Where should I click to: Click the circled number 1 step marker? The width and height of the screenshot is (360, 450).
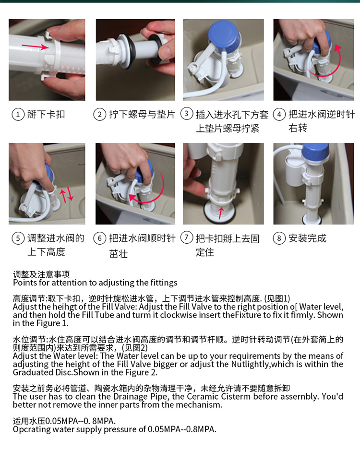(x=18, y=115)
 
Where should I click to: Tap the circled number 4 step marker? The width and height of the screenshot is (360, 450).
(x=279, y=115)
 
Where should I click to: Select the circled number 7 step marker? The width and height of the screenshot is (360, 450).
(x=187, y=237)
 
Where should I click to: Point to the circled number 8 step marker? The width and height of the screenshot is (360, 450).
(x=279, y=238)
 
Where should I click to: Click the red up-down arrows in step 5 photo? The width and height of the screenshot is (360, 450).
(x=67, y=195)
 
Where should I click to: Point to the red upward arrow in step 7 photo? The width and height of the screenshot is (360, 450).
(x=221, y=213)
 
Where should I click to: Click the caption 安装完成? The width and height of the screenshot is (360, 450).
(x=308, y=238)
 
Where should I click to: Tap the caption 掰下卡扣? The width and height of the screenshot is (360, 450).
(x=46, y=114)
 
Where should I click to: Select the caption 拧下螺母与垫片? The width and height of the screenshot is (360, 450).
(x=142, y=114)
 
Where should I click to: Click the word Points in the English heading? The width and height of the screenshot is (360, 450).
(x=24, y=283)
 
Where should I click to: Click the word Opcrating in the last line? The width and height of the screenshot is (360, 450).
(x=32, y=430)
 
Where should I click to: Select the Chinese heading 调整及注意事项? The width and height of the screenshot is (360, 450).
(x=41, y=274)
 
